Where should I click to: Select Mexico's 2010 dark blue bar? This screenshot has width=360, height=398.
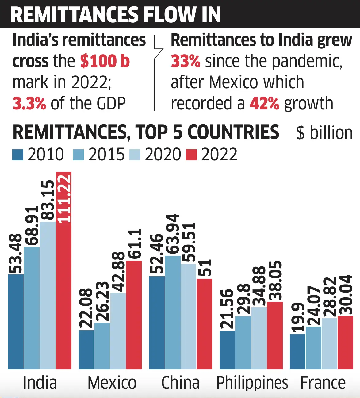(x=86, y=350)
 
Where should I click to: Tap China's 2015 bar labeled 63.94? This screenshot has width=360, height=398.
(x=173, y=313)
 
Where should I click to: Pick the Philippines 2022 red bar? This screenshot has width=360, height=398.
(x=275, y=335)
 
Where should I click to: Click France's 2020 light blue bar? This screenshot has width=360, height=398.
(x=329, y=343)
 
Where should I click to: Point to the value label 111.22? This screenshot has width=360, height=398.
(x=64, y=198)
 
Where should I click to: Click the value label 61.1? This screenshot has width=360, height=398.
(x=134, y=244)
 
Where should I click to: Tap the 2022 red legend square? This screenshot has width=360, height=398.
(x=191, y=155)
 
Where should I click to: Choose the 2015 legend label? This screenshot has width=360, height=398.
(x=106, y=154)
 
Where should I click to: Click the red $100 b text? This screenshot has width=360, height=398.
(x=105, y=61)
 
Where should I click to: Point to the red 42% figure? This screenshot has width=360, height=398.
(x=264, y=103)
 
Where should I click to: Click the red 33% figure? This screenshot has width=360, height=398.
(x=186, y=61)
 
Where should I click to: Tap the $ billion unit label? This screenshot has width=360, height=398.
(x=324, y=133)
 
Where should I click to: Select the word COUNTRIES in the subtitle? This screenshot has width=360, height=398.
(x=233, y=132)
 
